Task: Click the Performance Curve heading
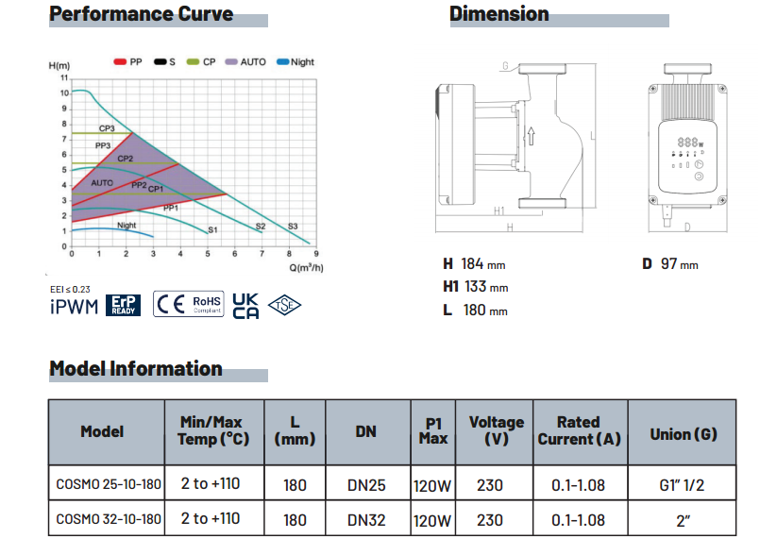tap(141, 14)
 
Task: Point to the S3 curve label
tap(293, 227)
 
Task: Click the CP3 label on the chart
tap(106, 127)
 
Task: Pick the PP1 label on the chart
tap(171, 207)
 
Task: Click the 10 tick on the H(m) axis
tap(64, 93)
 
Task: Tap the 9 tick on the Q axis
tap(316, 254)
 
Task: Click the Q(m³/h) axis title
tap(308, 267)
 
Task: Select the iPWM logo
tap(74, 307)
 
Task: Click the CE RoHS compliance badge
tap(188, 304)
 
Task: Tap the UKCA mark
tap(245, 305)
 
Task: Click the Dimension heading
tap(498, 14)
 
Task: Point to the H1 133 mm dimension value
tap(476, 287)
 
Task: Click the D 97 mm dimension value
tap(669, 264)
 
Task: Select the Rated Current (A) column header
tap(579, 430)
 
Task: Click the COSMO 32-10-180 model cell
tap(110, 519)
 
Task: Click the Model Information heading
tap(136, 368)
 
